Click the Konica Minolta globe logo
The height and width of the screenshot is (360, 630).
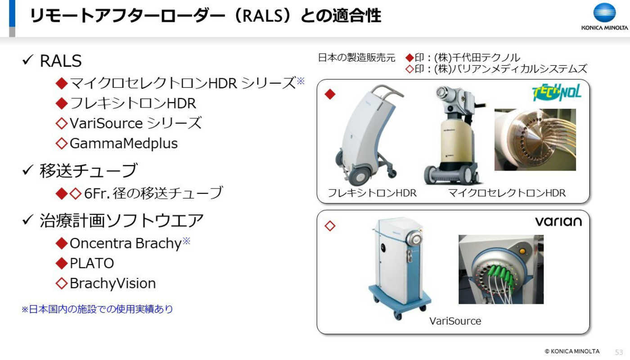click(x=604, y=13)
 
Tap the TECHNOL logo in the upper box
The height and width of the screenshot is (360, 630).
click(x=557, y=93)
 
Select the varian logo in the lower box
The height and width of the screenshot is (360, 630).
click(x=558, y=221)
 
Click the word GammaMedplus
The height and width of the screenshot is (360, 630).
click(x=124, y=144)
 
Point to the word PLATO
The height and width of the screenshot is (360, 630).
click(x=92, y=263)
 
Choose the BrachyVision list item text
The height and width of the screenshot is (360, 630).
click(x=112, y=283)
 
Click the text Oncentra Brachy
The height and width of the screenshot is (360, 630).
click(x=126, y=243)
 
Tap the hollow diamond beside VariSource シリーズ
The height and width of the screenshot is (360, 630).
click(x=62, y=123)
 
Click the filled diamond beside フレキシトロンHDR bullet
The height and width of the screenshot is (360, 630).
click(x=62, y=103)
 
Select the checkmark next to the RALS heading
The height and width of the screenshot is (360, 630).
click(x=27, y=60)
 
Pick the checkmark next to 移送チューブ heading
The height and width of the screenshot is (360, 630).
click(x=27, y=170)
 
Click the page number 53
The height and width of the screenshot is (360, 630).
click(x=619, y=352)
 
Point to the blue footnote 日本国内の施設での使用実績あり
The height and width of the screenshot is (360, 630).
click(x=97, y=309)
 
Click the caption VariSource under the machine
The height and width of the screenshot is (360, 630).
click(x=455, y=321)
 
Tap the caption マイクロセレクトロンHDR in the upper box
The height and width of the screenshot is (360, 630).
click(x=507, y=193)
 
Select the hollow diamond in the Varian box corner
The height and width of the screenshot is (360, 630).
click(x=330, y=226)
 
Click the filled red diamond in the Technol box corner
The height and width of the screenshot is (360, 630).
click(x=330, y=94)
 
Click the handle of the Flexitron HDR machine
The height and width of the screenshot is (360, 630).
click(x=387, y=92)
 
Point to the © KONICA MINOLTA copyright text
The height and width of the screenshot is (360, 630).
click(x=572, y=351)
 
